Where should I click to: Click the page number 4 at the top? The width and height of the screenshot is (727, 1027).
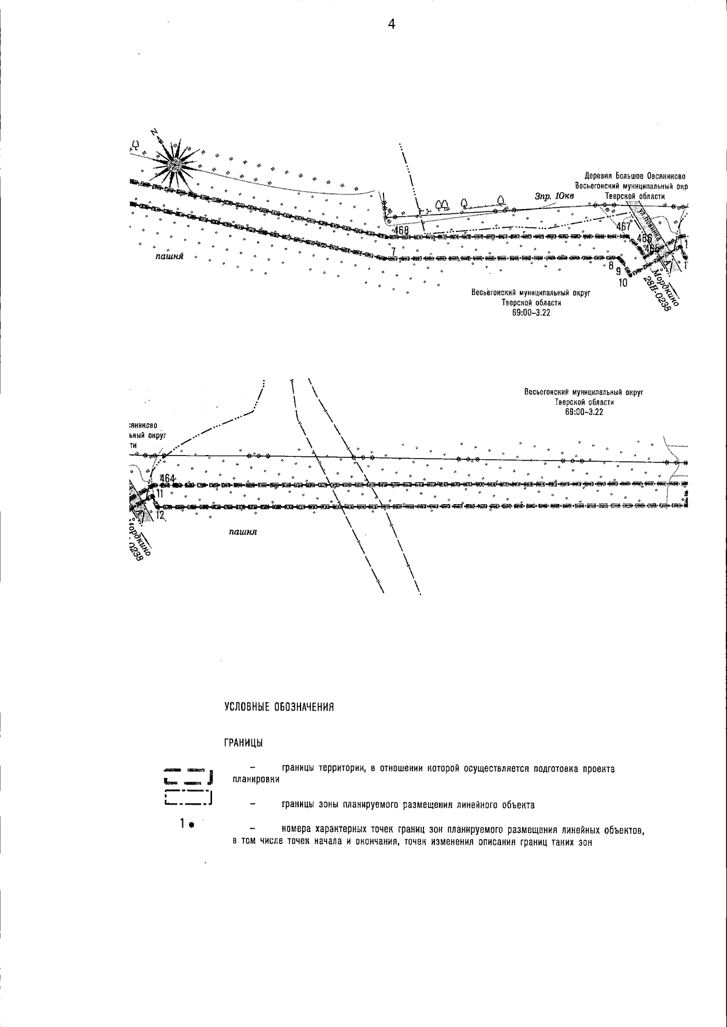pyautogui.click(x=391, y=25)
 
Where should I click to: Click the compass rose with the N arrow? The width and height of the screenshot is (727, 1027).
pyautogui.click(x=175, y=164)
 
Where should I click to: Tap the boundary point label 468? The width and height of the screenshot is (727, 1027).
pyautogui.click(x=400, y=231)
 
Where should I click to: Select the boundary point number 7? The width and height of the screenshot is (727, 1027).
pyautogui.click(x=393, y=251)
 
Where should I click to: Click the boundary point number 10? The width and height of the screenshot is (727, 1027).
pyautogui.click(x=623, y=282)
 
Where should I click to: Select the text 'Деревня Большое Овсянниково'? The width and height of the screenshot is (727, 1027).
pyautogui.click(x=634, y=176)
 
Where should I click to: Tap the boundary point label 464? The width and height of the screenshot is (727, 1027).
pyautogui.click(x=168, y=479)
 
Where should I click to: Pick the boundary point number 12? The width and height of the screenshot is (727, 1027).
pyautogui.click(x=160, y=516)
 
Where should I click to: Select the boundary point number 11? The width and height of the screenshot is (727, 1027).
pyautogui.click(x=160, y=494)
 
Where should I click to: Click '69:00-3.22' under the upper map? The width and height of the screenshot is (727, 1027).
pyautogui.click(x=531, y=313)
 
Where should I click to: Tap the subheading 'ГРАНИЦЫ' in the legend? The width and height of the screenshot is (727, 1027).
pyautogui.click(x=243, y=743)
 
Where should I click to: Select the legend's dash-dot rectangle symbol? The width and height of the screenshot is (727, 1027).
pyautogui.click(x=187, y=798)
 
